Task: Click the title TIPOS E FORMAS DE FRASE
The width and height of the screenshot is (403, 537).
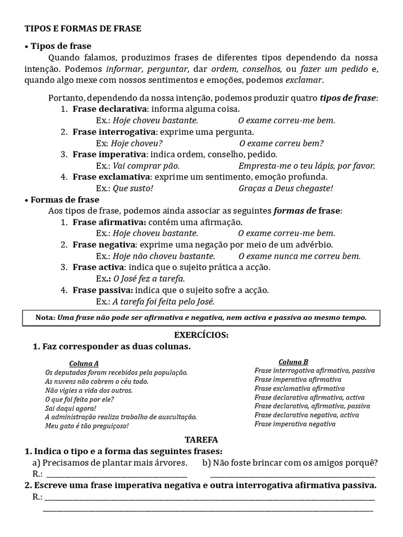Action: [x=83, y=29]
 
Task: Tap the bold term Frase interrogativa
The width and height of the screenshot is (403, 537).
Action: [x=114, y=132]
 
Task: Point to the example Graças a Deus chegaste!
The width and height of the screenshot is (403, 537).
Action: [x=285, y=188]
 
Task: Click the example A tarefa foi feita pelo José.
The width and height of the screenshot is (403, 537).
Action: [x=164, y=302]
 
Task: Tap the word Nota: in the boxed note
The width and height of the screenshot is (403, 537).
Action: [x=45, y=318]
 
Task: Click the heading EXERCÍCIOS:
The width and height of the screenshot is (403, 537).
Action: [x=201, y=335]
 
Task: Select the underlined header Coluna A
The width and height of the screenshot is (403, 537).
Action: [x=83, y=363]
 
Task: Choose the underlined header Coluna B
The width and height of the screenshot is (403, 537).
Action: [x=293, y=362]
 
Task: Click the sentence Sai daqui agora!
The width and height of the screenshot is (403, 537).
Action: [x=71, y=408]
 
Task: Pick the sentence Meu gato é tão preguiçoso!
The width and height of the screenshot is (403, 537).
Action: [x=87, y=426]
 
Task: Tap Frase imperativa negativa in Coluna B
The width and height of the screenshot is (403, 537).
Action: [x=295, y=424]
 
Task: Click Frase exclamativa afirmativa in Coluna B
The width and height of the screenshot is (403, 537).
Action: [x=299, y=389]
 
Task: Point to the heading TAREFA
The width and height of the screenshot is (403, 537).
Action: [x=201, y=439]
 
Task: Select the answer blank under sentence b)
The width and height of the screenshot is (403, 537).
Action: [x=292, y=475]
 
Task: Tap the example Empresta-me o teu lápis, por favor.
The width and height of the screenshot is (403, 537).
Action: [x=306, y=166]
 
